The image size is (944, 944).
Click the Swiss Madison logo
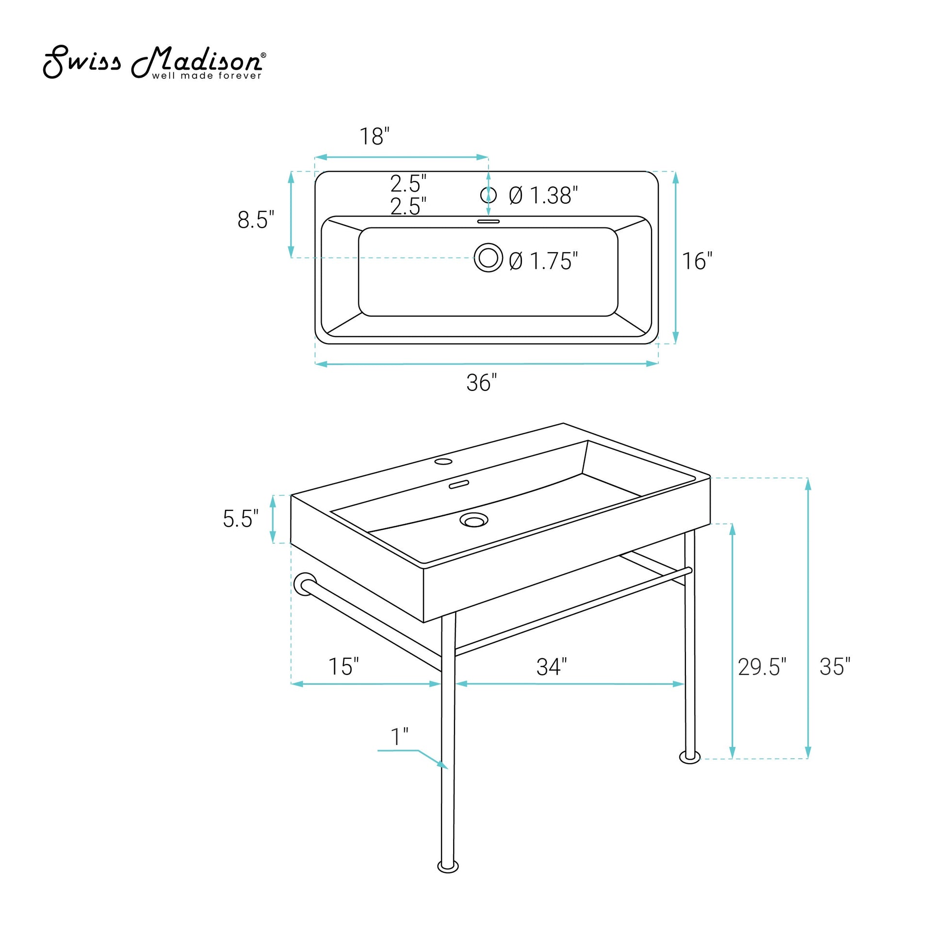point(155,63)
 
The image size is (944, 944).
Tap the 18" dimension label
point(375,137)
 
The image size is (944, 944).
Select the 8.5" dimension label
point(256,220)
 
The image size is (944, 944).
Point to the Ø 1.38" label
point(543,195)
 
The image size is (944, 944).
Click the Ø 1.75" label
point(543,261)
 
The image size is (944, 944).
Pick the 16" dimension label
point(697,261)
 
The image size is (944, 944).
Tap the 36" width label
point(482,383)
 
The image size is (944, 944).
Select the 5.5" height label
point(241,519)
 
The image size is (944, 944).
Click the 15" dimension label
point(343,667)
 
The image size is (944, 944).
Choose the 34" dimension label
point(552,667)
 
